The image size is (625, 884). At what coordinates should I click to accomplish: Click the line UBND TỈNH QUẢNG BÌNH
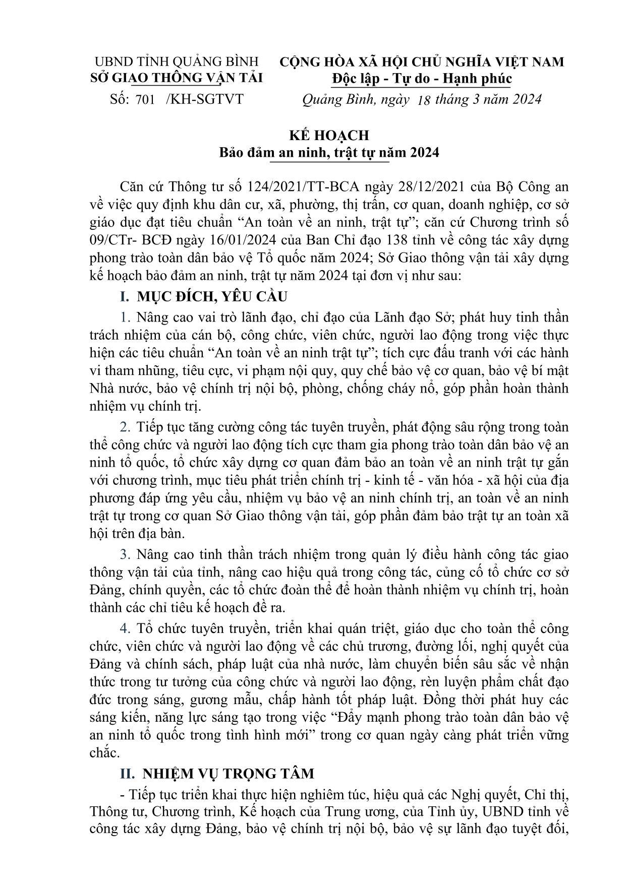pos(177,61)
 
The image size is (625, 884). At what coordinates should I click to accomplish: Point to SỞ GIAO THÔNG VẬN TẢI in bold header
pos(177,78)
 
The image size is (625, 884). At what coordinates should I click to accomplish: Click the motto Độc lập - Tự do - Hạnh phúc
pos(421,79)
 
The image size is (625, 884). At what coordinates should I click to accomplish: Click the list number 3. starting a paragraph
pos(125,555)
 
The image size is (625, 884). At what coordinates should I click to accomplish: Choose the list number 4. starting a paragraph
pos(125,629)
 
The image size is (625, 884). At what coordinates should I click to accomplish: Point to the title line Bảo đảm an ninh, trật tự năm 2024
pos(328,152)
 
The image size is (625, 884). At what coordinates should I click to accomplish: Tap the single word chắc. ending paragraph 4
pos(105,752)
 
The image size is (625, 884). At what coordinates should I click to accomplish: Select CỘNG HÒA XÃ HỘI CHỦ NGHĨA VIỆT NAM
pos(421,62)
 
